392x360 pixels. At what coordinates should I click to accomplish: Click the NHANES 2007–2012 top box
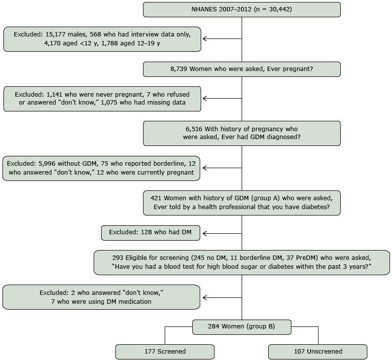coord(242,9)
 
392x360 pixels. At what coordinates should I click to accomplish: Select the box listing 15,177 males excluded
coord(102,39)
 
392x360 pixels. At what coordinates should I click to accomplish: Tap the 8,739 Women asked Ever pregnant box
coord(242,69)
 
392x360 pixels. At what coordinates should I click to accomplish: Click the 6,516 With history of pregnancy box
coord(242,133)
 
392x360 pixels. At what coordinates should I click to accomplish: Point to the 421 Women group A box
coord(242,203)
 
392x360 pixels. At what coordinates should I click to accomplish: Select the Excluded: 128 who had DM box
coord(150,233)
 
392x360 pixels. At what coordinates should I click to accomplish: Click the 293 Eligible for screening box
coord(242,262)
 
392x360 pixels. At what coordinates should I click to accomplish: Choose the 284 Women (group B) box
coord(242,327)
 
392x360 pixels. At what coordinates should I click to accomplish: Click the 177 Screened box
coord(165,352)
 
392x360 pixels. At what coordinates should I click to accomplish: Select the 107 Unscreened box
coord(318,352)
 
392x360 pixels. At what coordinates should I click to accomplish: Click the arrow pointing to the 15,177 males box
coord(221,39)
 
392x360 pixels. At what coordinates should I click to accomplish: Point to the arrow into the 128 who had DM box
coord(221,233)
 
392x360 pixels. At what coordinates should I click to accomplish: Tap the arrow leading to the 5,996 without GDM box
coord(221,168)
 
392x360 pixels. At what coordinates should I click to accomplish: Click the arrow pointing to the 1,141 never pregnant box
coord(221,99)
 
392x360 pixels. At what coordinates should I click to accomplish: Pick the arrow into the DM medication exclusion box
coord(221,297)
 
